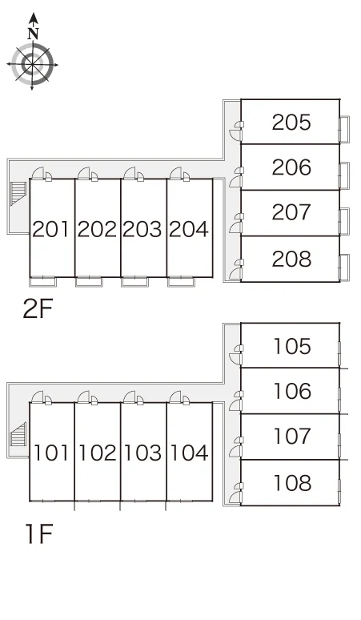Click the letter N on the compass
[34, 33]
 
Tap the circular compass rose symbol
[32, 64]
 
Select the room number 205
[291, 123]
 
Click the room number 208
[291, 259]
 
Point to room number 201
[52, 229]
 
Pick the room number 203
[142, 229]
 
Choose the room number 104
[189, 453]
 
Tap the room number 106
[292, 391]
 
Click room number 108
[292, 483]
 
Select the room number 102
[98, 453]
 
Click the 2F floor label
[38, 309]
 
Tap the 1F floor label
[39, 533]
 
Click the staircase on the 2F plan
[18, 193]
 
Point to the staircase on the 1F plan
[18, 434]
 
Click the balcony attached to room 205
[344, 129]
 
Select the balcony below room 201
[42, 281]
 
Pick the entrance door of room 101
[38, 397]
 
